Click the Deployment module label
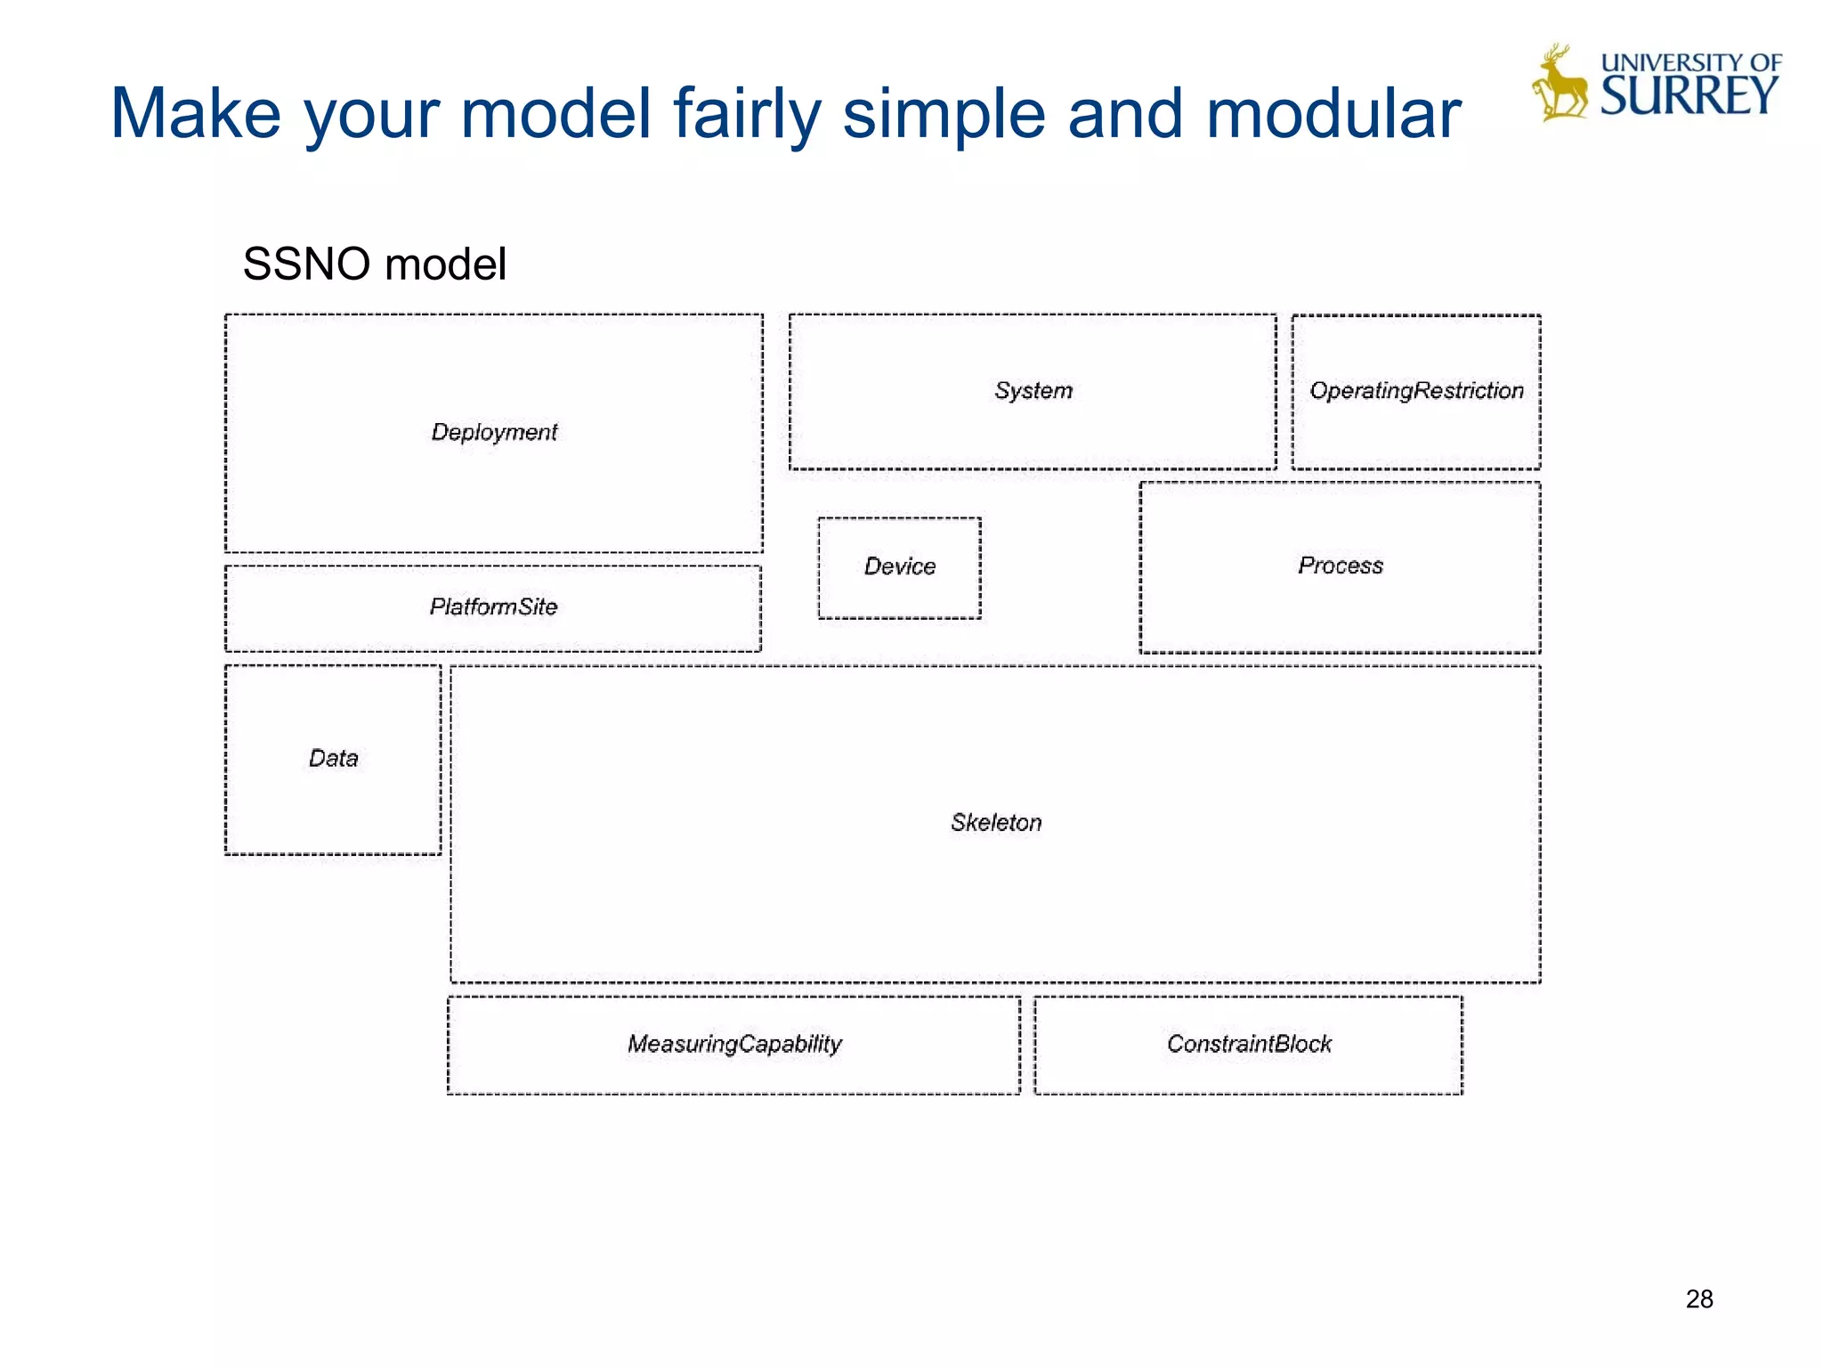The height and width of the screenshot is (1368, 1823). tap(494, 432)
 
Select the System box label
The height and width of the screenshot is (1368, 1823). tap(1033, 390)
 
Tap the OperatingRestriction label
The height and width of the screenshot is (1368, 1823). tap(1416, 390)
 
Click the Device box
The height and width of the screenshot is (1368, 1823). tap(900, 566)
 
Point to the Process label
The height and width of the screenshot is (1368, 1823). tap(1341, 566)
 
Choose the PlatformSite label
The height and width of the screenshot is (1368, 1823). tap(493, 607)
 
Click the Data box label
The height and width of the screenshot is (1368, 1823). tap(333, 758)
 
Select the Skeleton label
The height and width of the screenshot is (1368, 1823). tap(996, 822)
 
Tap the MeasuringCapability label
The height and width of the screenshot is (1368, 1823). tap(734, 1043)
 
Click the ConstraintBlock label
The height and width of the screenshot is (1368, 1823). tap(1249, 1043)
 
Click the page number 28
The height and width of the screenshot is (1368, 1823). tap(1698, 1299)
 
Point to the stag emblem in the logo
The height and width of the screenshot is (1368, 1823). tap(1560, 85)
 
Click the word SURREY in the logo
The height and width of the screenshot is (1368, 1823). tap(1689, 95)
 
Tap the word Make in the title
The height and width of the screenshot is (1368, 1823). tap(196, 114)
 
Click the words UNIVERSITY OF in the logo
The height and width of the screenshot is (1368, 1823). tap(1690, 62)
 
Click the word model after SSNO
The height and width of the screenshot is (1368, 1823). tap(446, 265)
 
